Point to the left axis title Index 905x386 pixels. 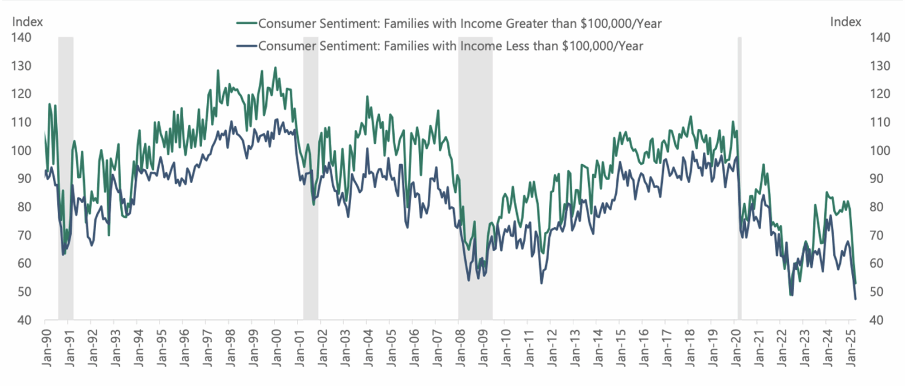pyautogui.click(x=27, y=22)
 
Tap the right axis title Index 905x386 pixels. pyautogui.click(x=845, y=22)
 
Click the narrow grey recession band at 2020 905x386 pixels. pyautogui.click(x=739, y=177)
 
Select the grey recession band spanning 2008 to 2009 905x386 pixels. pyautogui.click(x=475, y=177)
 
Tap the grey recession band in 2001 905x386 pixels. pyautogui.click(x=311, y=177)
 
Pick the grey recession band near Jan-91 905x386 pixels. pyautogui.click(x=65, y=177)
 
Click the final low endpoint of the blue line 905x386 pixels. pyautogui.click(x=855, y=299)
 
